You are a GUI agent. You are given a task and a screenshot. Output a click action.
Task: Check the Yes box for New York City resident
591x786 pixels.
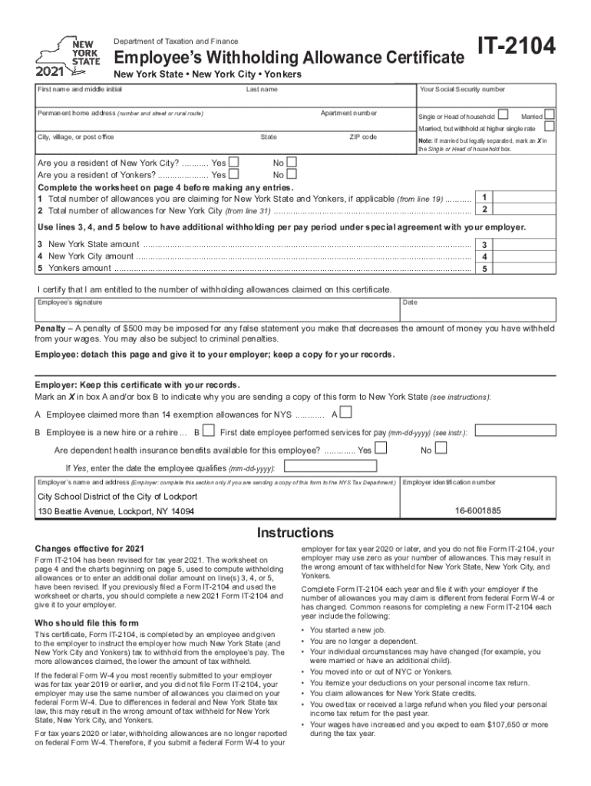[x=234, y=162]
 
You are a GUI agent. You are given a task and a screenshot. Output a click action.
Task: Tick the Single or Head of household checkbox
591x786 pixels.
[x=503, y=114]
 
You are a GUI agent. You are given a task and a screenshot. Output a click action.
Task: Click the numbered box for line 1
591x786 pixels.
[x=484, y=197]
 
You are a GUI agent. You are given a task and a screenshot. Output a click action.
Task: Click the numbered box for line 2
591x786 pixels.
[x=484, y=210]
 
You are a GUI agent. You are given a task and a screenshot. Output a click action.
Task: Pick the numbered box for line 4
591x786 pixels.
[x=484, y=256]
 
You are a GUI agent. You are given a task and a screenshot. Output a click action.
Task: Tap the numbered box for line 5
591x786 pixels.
[x=484, y=269]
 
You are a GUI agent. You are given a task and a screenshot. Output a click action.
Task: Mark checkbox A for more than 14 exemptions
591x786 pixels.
[x=346, y=413]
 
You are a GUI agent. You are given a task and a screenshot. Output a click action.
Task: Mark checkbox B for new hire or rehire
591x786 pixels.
[x=208, y=432]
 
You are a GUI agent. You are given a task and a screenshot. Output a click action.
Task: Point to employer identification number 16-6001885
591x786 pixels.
[x=477, y=510]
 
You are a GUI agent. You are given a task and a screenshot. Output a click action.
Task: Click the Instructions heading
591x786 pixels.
[x=295, y=533]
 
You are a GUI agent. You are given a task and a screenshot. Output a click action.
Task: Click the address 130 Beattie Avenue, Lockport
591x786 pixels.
[x=116, y=511]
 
